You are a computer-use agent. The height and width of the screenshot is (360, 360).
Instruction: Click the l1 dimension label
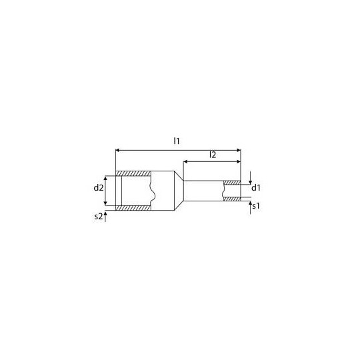177,141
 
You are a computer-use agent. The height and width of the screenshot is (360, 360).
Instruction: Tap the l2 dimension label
212,155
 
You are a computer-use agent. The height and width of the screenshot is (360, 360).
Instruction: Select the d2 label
98,187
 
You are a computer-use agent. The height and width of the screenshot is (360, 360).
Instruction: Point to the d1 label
256,187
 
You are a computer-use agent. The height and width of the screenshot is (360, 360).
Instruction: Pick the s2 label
99,217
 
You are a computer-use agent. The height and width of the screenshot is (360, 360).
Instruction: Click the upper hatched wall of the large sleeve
133,174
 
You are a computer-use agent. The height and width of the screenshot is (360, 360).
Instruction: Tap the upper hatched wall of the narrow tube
232,182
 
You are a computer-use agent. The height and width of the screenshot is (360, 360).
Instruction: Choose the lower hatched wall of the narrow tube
232,200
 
